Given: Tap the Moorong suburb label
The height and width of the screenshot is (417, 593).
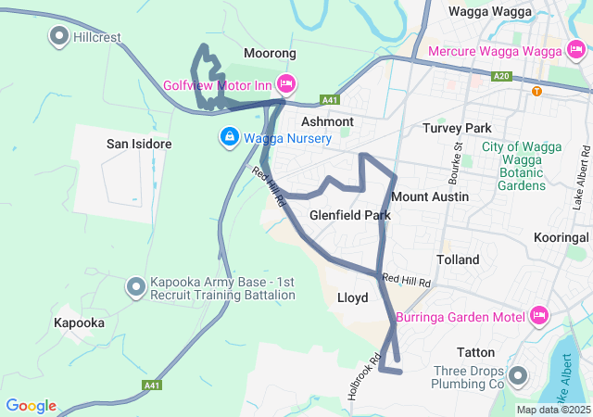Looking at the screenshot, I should [x=270, y=54].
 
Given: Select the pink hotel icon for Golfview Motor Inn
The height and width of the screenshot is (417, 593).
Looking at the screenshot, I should [x=285, y=84].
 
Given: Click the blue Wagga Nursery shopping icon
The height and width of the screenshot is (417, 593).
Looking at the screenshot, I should [x=228, y=138].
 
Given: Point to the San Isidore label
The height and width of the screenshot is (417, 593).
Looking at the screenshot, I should [x=139, y=144].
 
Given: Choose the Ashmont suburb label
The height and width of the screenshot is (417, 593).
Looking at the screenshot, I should [x=327, y=121].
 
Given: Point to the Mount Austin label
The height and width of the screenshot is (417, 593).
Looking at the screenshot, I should [x=430, y=196].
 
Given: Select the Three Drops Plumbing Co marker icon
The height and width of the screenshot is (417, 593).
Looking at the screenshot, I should [x=517, y=376].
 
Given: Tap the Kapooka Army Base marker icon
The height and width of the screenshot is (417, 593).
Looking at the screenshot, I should [x=136, y=287].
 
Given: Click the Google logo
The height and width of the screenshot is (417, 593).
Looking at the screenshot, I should [x=32, y=406].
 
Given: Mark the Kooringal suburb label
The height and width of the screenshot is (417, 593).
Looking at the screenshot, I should [x=562, y=238].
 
